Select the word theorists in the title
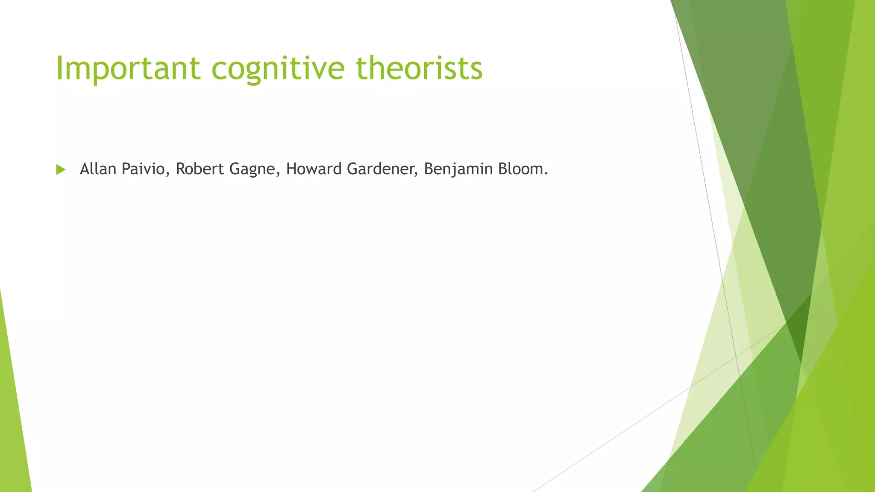click(x=420, y=68)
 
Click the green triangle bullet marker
click(x=61, y=170)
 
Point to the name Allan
click(x=98, y=169)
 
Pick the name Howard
click(x=314, y=169)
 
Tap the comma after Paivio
click(x=167, y=175)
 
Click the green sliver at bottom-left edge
click(x=13, y=427)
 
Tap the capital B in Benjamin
click(x=429, y=169)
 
